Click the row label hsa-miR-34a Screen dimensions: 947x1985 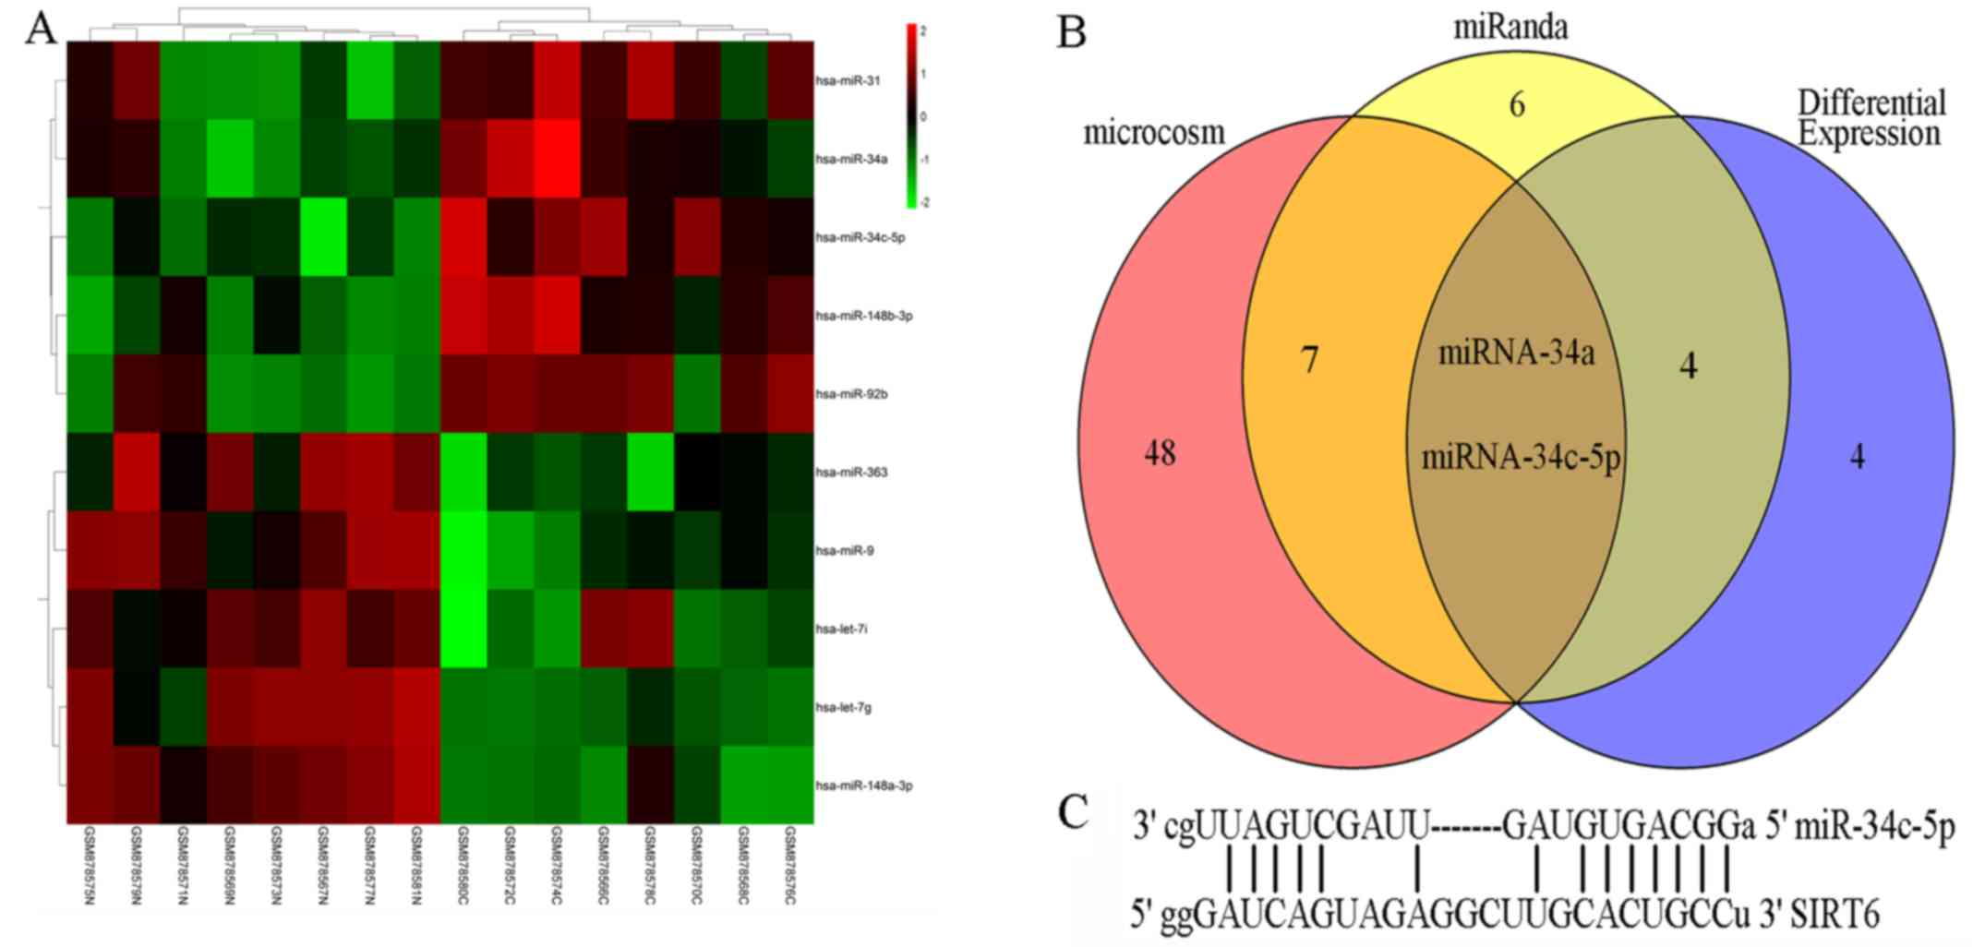tap(848, 159)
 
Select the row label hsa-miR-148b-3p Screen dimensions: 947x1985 tap(864, 316)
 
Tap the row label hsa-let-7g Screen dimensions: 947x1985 tap(843, 708)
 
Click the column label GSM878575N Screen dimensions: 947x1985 tap(90, 865)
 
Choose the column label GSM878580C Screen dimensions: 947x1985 tap(463, 865)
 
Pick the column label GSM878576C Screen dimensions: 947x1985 tap(790, 865)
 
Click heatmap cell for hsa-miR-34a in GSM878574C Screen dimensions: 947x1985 tap(557, 159)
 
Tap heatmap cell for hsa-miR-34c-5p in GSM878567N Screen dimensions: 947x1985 tap(324, 237)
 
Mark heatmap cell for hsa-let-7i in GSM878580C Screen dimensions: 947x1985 tap(463, 629)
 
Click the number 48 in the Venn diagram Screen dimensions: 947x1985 tap(1160, 454)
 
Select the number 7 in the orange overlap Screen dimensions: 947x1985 tap(1308, 360)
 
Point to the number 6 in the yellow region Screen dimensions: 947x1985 tap(1516, 105)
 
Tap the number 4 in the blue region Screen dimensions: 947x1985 tap(1857, 457)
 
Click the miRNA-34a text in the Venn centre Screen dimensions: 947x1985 tap(1516, 353)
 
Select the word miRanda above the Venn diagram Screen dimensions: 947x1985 tap(1510, 28)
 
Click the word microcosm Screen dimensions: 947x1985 tap(1153, 133)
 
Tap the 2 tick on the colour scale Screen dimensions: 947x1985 tap(923, 30)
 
